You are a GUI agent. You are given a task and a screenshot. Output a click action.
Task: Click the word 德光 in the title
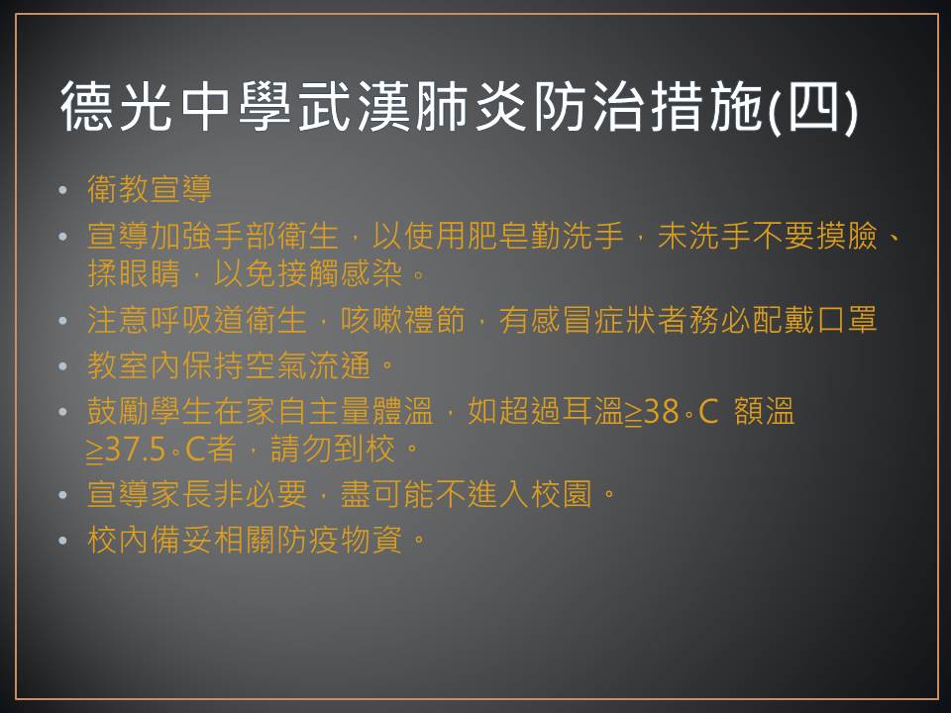pyautogui.click(x=117, y=107)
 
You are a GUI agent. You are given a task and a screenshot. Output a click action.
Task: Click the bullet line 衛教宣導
pyautogui.click(x=150, y=188)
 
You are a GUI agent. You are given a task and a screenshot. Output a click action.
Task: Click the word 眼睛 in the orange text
pyautogui.click(x=150, y=274)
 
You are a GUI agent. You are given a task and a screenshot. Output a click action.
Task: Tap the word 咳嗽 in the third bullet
pyautogui.click(x=371, y=320)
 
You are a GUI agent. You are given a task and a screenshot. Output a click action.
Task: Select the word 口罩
pyautogui.click(x=847, y=320)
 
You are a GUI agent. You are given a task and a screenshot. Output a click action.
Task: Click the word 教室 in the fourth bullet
pyautogui.click(x=118, y=365)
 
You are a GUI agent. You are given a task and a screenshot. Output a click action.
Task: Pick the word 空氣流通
pyautogui.click(x=307, y=365)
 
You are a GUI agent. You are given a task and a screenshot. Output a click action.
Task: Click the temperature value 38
pyautogui.click(x=661, y=412)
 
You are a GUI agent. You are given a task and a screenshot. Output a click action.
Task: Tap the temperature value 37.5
pyautogui.click(x=135, y=450)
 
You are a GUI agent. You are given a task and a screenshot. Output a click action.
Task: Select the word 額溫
pyautogui.click(x=764, y=412)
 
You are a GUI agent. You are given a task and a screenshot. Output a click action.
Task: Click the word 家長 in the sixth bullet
pyautogui.click(x=181, y=494)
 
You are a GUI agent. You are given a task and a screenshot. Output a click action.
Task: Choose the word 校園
pyautogui.click(x=562, y=494)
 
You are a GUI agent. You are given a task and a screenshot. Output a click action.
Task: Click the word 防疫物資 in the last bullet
pyautogui.click(x=339, y=540)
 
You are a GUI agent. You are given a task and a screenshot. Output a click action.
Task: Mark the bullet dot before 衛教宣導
pyautogui.click(x=63, y=190)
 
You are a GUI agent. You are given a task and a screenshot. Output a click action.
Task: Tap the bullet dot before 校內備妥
pyautogui.click(x=63, y=541)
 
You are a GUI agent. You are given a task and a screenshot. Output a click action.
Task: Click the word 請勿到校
pyautogui.click(x=333, y=450)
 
